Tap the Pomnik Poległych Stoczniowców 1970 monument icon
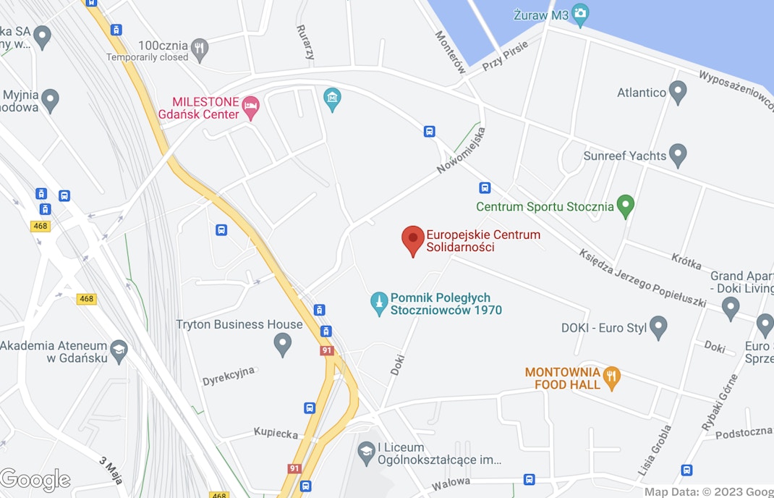pyautogui.click(x=378, y=304)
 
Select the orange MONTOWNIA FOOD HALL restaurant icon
pyautogui.click(x=612, y=378)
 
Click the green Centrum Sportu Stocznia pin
pyautogui.click(x=626, y=206)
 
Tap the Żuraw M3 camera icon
pyautogui.click(x=580, y=13)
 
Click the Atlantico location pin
pyautogui.click(x=678, y=92)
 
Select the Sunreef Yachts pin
pyautogui.click(x=678, y=155)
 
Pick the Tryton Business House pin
pyautogui.click(x=283, y=344)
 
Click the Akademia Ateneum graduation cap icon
pyautogui.click(x=119, y=353)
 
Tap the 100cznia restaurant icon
pyautogui.click(x=200, y=49)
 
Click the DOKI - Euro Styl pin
pyautogui.click(x=658, y=327)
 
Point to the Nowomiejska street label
pyautogui.click(x=461, y=151)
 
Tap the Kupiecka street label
pyautogui.click(x=276, y=434)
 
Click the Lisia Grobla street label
pyautogui.click(x=655, y=450)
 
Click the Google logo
pyautogui.click(x=35, y=480)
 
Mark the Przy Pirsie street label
pyautogui.click(x=505, y=56)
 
